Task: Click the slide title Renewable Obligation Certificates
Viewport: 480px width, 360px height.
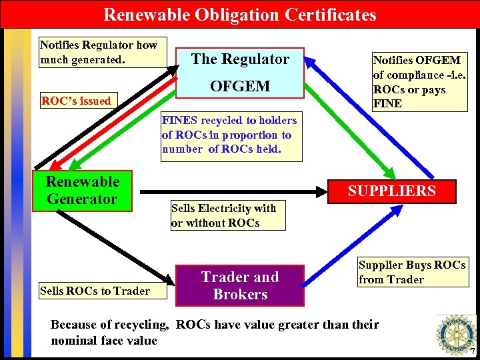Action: pyautogui.click(x=240, y=14)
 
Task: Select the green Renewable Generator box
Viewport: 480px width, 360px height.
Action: pyautogui.click(x=82, y=191)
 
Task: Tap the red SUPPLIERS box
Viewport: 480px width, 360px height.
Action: pyautogui.click(x=393, y=191)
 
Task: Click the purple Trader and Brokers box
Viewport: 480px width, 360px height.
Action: pyautogui.click(x=239, y=285)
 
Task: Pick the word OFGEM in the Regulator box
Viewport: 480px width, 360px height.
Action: pyautogui.click(x=240, y=86)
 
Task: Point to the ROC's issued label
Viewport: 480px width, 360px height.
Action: pyautogui.click(x=76, y=101)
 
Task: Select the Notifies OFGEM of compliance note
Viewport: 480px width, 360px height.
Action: pyautogui.click(x=417, y=82)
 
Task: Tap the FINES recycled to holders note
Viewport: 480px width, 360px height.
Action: pyautogui.click(x=229, y=135)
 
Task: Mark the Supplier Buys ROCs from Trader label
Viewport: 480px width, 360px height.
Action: pyautogui.click(x=411, y=272)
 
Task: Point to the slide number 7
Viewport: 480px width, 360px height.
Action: pyautogui.click(x=473, y=351)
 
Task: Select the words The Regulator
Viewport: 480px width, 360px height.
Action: pyautogui.click(x=240, y=59)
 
